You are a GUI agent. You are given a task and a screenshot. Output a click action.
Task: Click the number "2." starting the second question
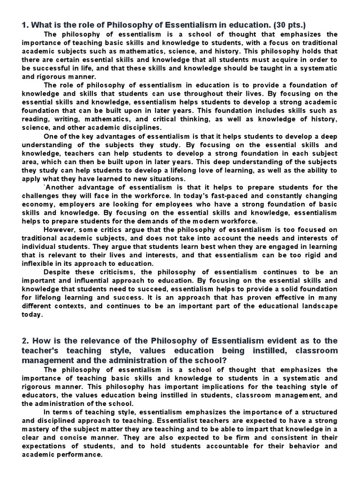pos(25,340)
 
